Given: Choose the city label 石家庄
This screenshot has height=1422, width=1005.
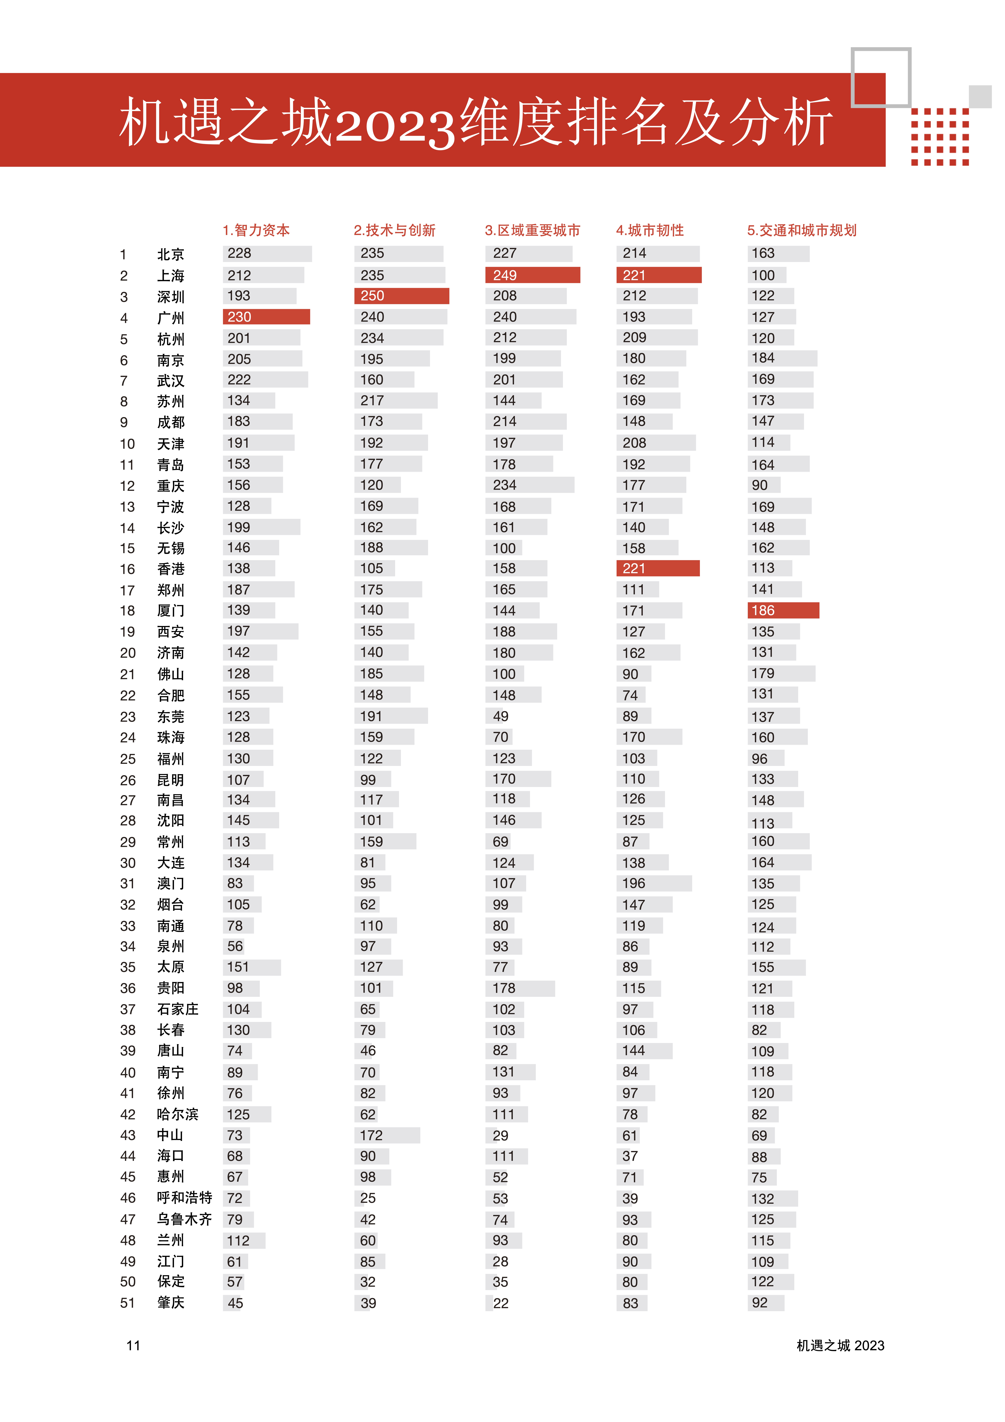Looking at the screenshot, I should (178, 1009).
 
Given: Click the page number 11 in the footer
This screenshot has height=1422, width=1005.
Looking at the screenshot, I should (133, 1346).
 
